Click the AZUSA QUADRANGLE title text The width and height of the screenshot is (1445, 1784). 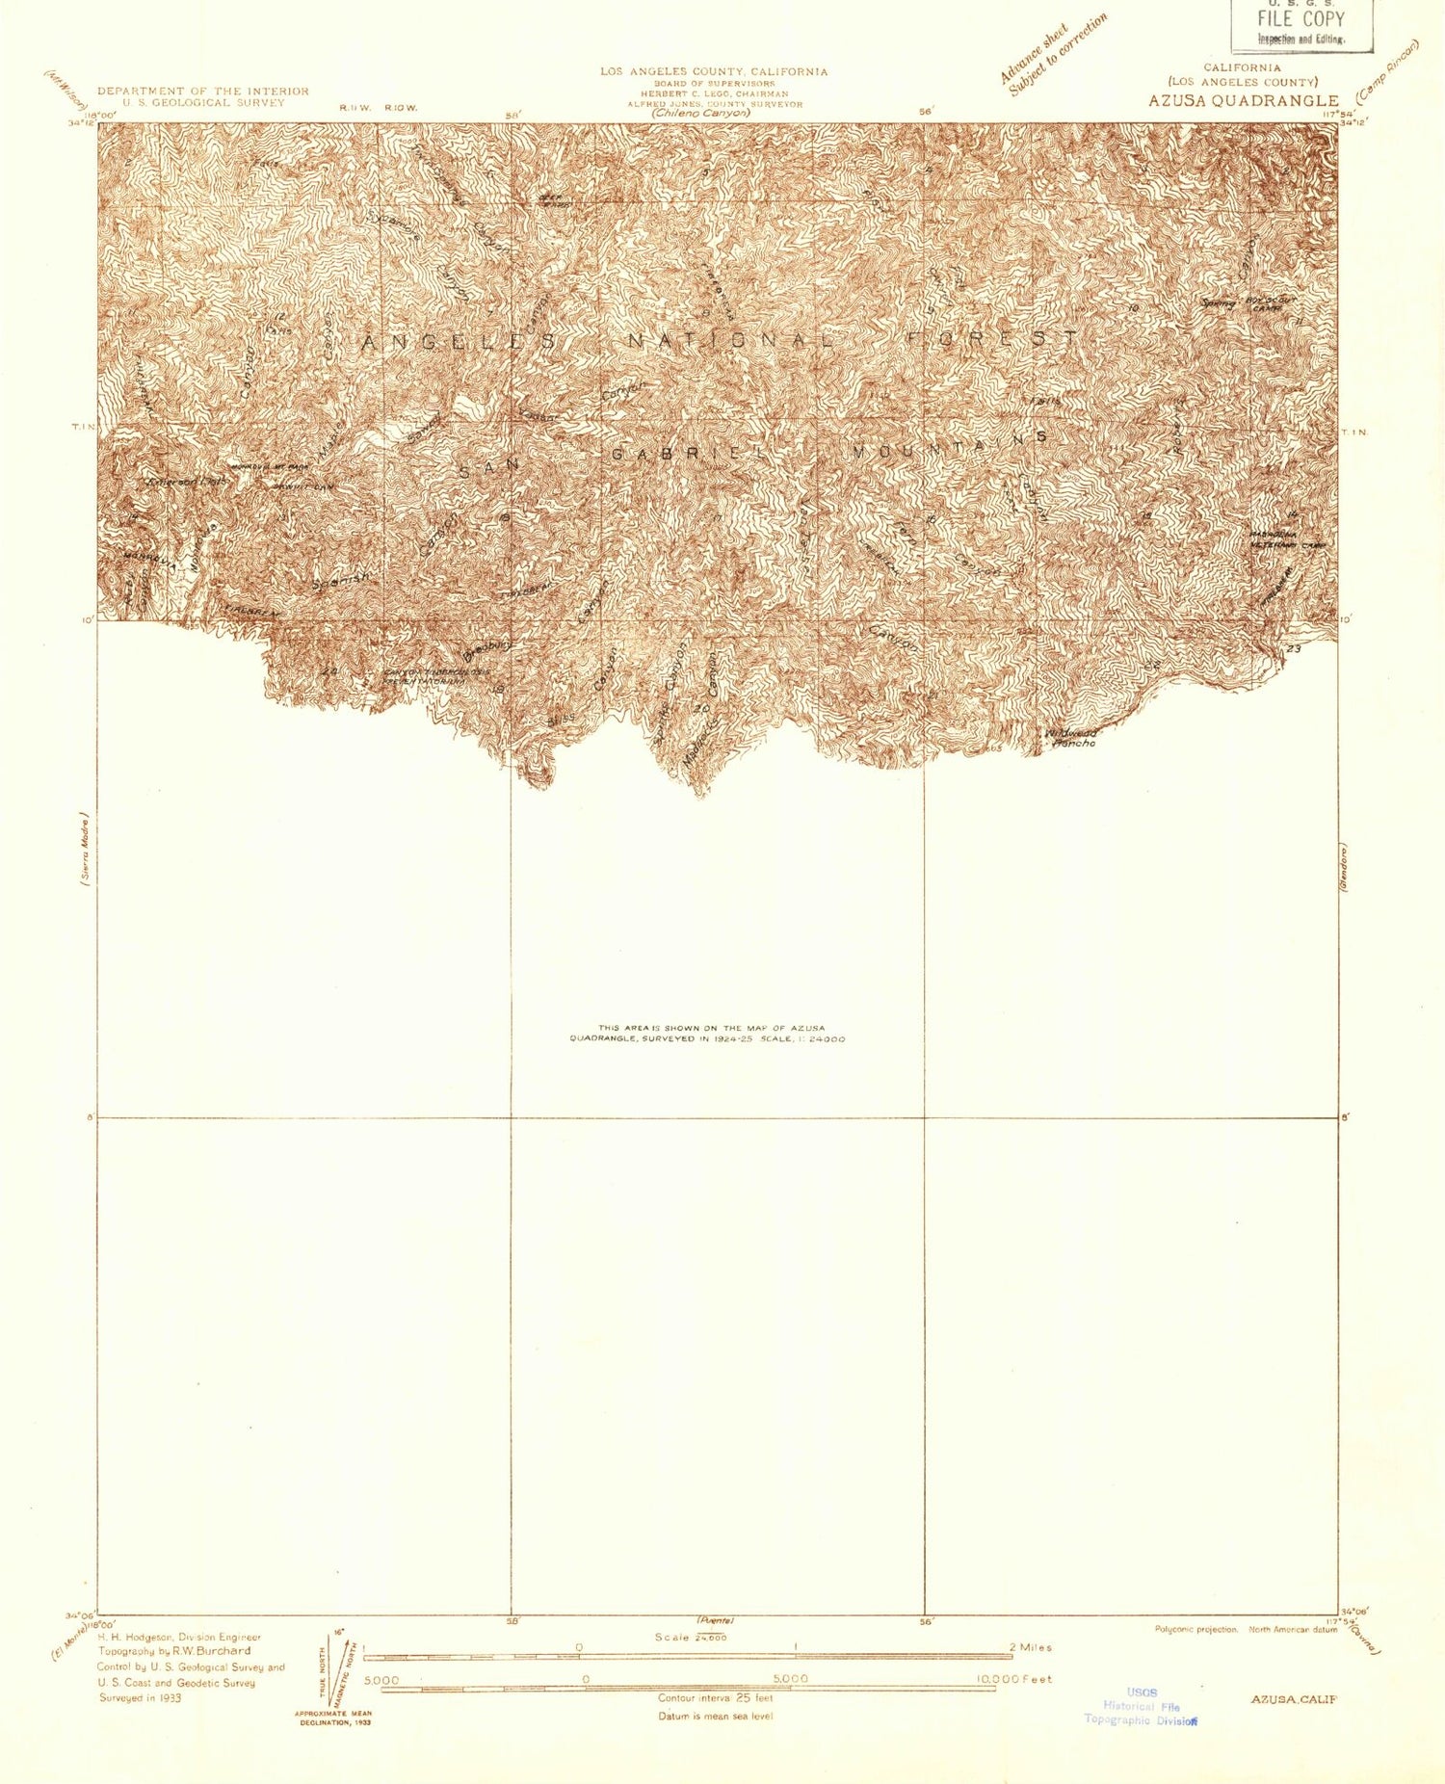tap(1243, 100)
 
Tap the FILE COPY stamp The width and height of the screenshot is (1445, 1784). tap(1300, 19)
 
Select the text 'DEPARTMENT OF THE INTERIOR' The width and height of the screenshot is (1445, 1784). tap(202, 91)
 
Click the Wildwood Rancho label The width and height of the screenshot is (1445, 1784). tap(1071, 738)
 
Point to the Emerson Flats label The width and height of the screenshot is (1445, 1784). tap(186, 480)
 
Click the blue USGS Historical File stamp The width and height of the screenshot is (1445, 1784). tap(1142, 1706)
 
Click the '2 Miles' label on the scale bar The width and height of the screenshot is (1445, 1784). tap(1030, 1647)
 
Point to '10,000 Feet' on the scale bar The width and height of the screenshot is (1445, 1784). tap(1013, 1679)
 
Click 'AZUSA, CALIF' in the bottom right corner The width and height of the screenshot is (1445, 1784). tap(1293, 1699)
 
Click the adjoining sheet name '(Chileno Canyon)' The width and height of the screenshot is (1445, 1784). tap(699, 113)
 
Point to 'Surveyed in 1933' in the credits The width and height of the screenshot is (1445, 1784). tap(140, 1698)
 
